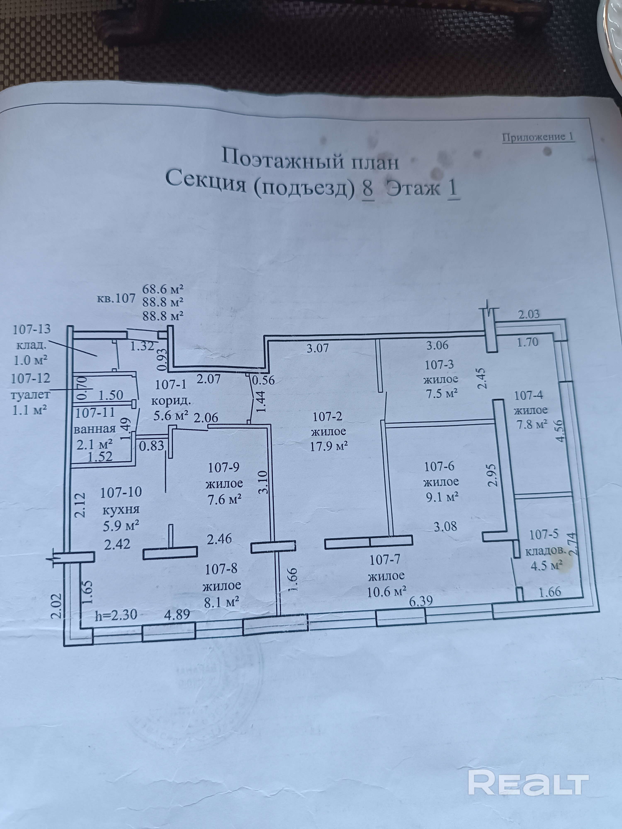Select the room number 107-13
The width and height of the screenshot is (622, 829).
[x=32, y=330]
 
